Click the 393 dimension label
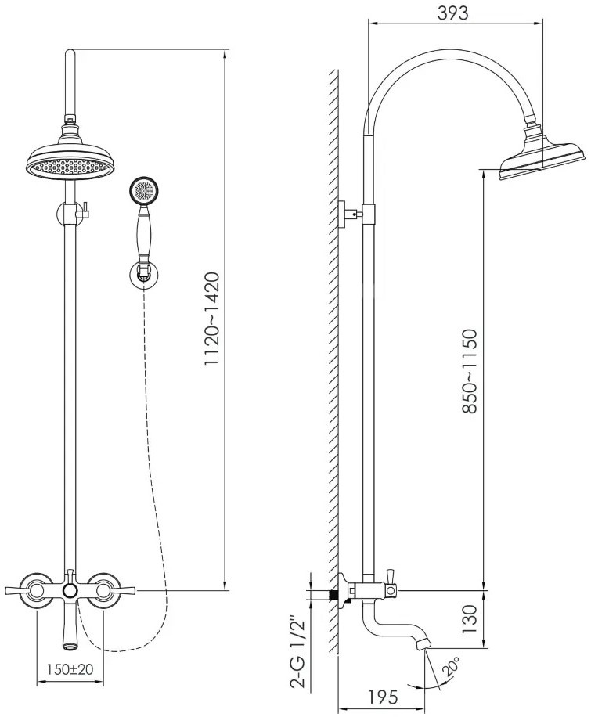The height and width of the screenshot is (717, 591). pos(453,13)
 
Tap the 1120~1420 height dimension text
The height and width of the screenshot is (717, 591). pos(212,319)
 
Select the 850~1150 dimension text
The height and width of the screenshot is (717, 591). pos(470,371)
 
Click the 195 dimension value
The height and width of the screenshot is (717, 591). pos(383,697)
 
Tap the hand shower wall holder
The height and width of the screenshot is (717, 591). pos(144,275)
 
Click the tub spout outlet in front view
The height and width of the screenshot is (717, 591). pos(70,647)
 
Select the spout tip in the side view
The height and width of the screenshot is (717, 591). pos(423,643)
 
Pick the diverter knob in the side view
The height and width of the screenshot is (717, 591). pos(390,575)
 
